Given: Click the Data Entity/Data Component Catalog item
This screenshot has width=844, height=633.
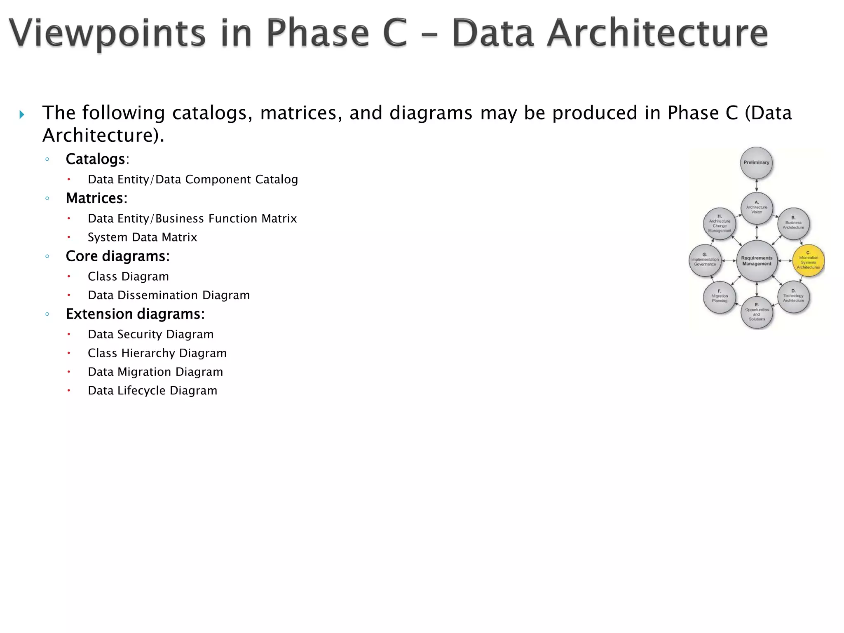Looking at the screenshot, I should click(x=192, y=180).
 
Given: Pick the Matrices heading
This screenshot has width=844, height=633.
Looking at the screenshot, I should click(x=96, y=198).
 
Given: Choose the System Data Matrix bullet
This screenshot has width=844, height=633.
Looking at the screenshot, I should click(x=142, y=237).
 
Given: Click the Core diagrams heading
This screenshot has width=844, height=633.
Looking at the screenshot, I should click(x=117, y=256).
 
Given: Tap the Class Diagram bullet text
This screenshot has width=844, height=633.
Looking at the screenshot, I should click(x=128, y=277).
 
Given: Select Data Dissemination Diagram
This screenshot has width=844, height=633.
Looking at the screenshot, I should click(x=169, y=295).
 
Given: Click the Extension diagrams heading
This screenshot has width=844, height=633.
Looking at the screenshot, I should click(x=135, y=314).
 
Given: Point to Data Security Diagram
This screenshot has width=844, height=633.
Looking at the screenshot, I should click(x=150, y=334).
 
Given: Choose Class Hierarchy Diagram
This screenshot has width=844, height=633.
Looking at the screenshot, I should click(x=157, y=353).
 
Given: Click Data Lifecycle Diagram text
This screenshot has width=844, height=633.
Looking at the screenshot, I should click(x=152, y=391).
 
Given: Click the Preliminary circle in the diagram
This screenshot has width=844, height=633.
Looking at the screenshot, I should click(x=756, y=163).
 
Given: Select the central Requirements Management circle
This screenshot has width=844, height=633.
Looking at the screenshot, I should click(x=757, y=261).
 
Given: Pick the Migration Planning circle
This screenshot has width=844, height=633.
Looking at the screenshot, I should click(x=720, y=297).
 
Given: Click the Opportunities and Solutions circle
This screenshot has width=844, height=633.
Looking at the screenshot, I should click(x=757, y=312).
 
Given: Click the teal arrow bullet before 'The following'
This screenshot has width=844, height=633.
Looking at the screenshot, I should click(x=22, y=115).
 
